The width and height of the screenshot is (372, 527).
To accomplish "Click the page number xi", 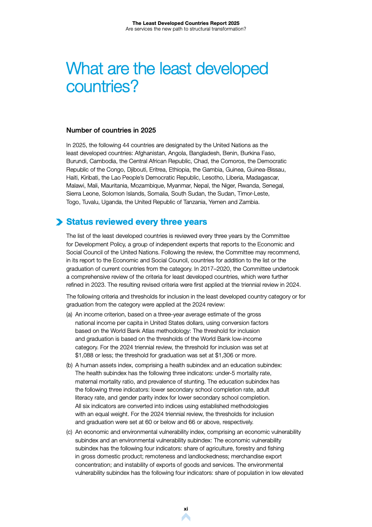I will [x=186, y=509].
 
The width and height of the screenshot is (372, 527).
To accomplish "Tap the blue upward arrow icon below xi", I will [x=186, y=518].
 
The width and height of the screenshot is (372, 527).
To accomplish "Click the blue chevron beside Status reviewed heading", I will [x=59, y=222].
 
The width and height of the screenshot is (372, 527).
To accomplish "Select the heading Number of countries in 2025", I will [x=111, y=130].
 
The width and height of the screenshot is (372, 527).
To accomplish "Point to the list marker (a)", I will [x=69, y=314].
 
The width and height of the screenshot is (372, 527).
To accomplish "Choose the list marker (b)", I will [x=69, y=365].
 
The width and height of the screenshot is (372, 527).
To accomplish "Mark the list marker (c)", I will [x=69, y=432].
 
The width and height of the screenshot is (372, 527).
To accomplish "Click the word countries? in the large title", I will [x=102, y=87].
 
